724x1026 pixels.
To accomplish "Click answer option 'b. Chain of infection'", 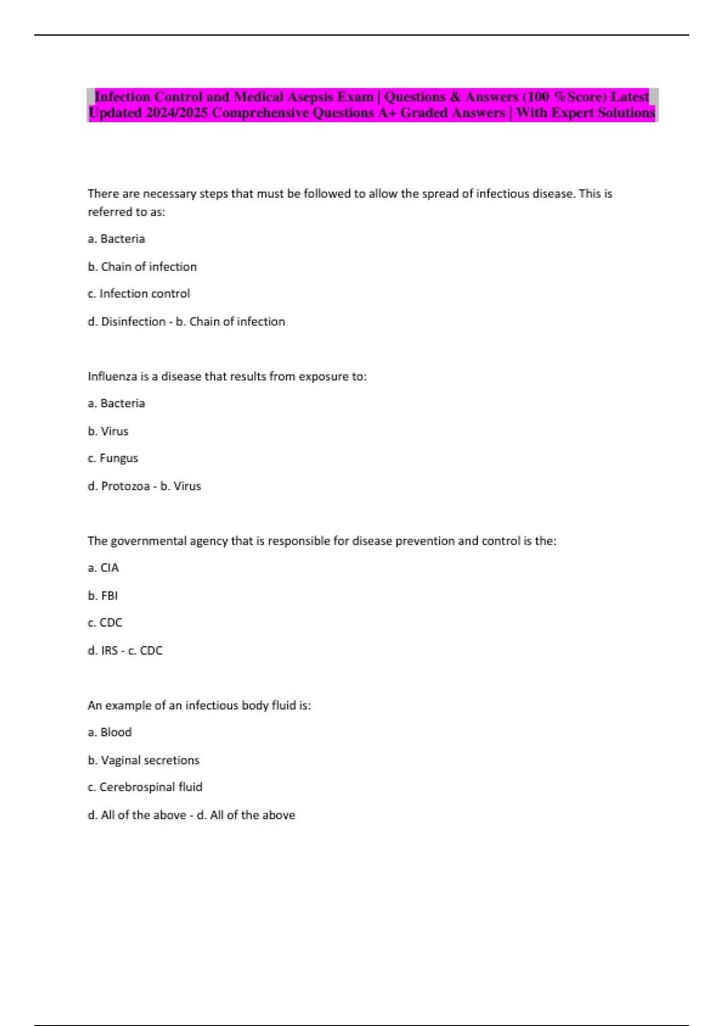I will click(142, 267).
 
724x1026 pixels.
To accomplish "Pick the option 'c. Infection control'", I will click(139, 294).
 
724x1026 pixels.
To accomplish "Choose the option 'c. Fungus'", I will click(113, 459).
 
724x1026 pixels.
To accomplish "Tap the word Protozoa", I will click(125, 486).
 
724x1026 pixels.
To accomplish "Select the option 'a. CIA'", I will click(103, 568).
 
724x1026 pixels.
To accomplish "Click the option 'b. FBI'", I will click(103, 596).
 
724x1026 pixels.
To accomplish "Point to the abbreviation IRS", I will click(109, 651).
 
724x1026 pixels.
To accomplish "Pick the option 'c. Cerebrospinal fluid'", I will click(145, 787).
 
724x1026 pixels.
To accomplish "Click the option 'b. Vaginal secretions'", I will click(144, 760).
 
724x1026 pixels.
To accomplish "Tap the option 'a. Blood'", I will click(110, 733).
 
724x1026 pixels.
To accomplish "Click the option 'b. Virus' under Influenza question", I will click(108, 432).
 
